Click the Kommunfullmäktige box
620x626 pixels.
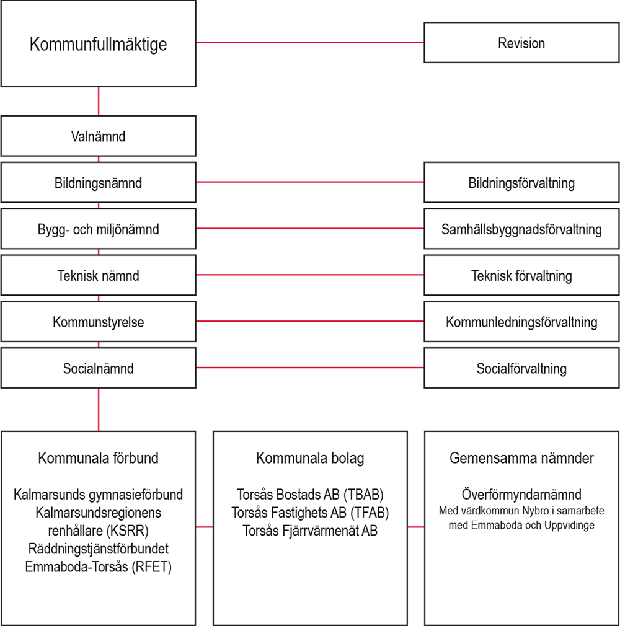(x=99, y=44)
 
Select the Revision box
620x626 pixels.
(x=521, y=43)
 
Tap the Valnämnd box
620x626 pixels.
(x=98, y=136)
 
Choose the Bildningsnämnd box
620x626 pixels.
(x=98, y=183)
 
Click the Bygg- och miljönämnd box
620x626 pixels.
(x=98, y=229)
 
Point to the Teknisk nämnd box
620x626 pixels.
(x=98, y=276)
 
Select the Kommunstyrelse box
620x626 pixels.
(x=98, y=322)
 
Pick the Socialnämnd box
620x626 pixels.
(x=98, y=369)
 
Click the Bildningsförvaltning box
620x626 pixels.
(x=521, y=183)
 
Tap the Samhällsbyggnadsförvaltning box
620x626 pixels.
(x=521, y=229)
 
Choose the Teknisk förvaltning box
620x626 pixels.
(x=521, y=276)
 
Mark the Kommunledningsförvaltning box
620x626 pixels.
(x=521, y=322)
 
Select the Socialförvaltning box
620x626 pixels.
(x=521, y=369)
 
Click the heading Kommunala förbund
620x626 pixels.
(x=98, y=459)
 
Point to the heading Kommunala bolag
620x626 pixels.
(x=310, y=459)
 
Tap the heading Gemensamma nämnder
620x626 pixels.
(x=521, y=459)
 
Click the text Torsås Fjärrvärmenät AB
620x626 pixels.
(x=310, y=531)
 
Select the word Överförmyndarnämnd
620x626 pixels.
(x=521, y=495)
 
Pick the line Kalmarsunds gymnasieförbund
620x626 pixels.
(x=98, y=495)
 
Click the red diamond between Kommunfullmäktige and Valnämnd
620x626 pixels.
(x=98, y=101)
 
